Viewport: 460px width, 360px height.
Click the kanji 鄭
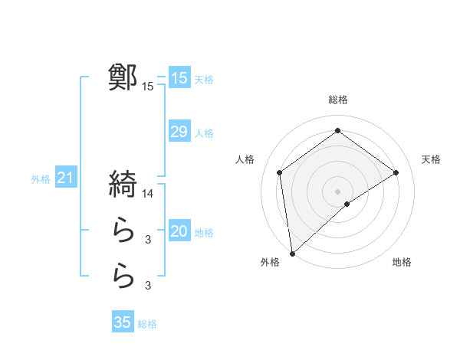[123, 77]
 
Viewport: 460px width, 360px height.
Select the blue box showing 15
[179, 77]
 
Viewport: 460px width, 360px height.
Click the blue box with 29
[179, 132]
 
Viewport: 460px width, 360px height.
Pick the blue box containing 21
[66, 178]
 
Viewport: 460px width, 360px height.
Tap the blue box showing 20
[179, 231]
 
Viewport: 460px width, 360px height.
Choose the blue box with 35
[123, 322]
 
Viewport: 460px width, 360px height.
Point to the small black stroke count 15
[148, 87]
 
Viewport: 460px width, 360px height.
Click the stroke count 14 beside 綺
[148, 193]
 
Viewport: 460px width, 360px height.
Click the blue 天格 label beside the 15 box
[204, 79]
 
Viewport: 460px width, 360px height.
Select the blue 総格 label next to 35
[147, 324]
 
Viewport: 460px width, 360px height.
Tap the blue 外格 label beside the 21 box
[41, 180]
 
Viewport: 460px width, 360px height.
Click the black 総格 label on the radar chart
[337, 100]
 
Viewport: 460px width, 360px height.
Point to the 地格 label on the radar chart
[402, 263]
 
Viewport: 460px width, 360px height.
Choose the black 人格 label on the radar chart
[245, 159]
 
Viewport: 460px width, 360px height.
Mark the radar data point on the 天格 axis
[396, 172]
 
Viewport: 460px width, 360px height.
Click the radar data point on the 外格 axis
[292, 253]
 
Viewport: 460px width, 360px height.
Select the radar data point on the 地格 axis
[347, 204]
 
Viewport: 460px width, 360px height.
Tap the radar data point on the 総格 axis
[337, 131]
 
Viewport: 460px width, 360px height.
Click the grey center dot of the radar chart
[337, 190]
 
